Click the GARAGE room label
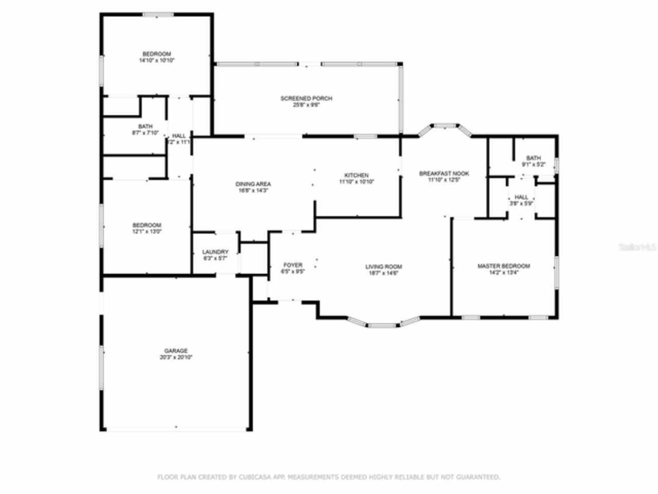tap(176, 351)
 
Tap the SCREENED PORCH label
tap(306, 98)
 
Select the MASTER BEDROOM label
tap(503, 266)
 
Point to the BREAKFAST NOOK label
tap(444, 174)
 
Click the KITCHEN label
tap(356, 175)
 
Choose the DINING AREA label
tap(253, 184)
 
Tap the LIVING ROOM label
tap(383, 267)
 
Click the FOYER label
tap(293, 265)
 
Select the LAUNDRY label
tap(215, 252)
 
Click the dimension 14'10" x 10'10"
tap(157, 61)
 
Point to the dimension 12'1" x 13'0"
tap(147, 232)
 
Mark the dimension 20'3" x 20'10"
tap(176, 357)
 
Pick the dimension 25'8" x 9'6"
tap(306, 105)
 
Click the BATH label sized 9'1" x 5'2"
tap(533, 158)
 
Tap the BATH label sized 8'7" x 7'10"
tap(145, 127)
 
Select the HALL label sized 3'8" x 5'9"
tap(521, 197)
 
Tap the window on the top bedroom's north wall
tap(158, 15)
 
